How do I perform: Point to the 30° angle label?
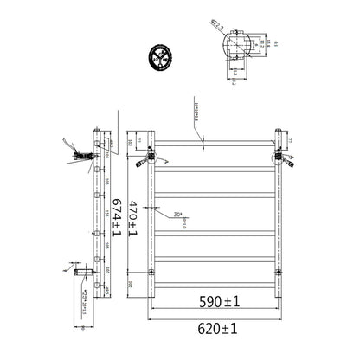pyautogui.click(x=177, y=214)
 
